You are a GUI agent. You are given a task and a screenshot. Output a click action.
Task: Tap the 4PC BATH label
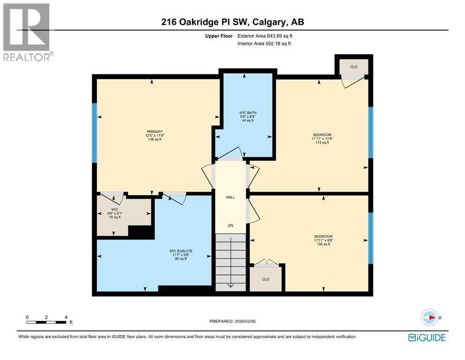[x=248, y=112]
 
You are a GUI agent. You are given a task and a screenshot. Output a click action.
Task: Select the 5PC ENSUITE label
[x=181, y=251]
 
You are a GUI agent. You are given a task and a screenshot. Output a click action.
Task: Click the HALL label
[x=230, y=197]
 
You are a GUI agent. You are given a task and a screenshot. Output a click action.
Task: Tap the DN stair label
[x=230, y=226]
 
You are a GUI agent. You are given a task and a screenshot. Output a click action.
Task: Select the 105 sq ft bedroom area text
[x=323, y=244]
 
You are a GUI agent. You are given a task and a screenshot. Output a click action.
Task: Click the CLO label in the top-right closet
[x=354, y=67]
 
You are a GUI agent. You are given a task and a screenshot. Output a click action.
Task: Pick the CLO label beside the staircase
[x=266, y=279]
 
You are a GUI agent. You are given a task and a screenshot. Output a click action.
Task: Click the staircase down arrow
[x=230, y=284]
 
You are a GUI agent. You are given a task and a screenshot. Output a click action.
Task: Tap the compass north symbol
[x=429, y=317]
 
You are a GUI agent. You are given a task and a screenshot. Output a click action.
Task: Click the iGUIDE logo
[x=427, y=337]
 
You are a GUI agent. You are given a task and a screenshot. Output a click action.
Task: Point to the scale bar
[x=46, y=322]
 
